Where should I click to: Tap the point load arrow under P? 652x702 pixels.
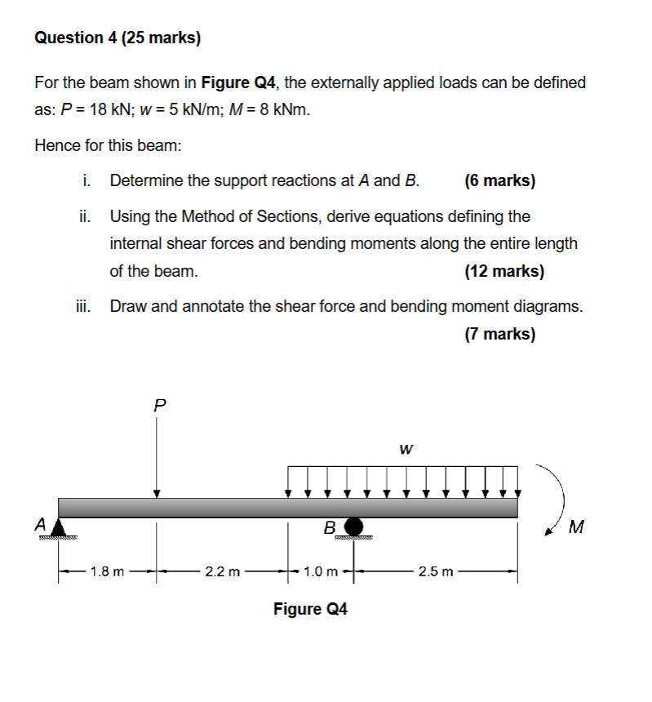pos(157,457)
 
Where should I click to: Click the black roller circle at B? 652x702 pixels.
pos(353,526)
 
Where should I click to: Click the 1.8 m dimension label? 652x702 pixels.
pos(107,571)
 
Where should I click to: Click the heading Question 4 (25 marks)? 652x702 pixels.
pos(118,38)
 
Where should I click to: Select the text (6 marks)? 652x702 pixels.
pos(499,180)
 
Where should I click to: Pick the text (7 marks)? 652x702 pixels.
pos(499,333)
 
